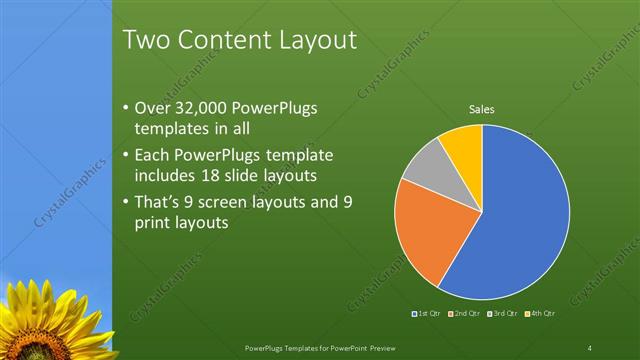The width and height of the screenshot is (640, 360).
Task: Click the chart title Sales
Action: pos(482,109)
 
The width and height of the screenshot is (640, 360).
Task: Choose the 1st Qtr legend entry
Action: pos(428,314)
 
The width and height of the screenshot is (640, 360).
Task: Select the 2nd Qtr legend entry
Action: pos(465,314)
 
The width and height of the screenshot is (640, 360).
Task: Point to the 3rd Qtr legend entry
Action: pos(502,314)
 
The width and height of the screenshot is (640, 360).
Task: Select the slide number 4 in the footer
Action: pos(589,347)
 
